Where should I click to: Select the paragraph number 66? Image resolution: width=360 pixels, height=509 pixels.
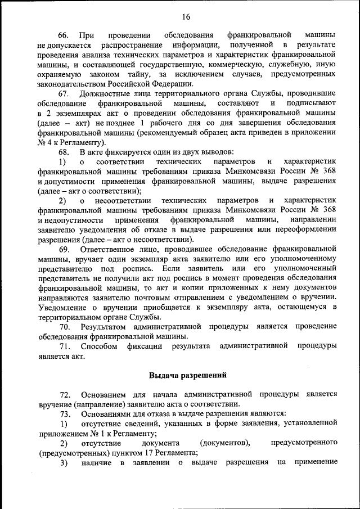(65, 35)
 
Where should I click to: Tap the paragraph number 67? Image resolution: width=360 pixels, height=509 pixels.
(65, 93)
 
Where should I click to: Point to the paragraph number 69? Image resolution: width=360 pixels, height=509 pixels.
(65, 249)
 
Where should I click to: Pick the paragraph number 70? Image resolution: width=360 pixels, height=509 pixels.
(65, 327)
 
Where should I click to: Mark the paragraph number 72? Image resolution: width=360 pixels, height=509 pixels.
(65, 394)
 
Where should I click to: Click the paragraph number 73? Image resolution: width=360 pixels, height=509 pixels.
(65, 414)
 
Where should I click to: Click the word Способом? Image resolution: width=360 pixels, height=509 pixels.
(99, 346)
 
